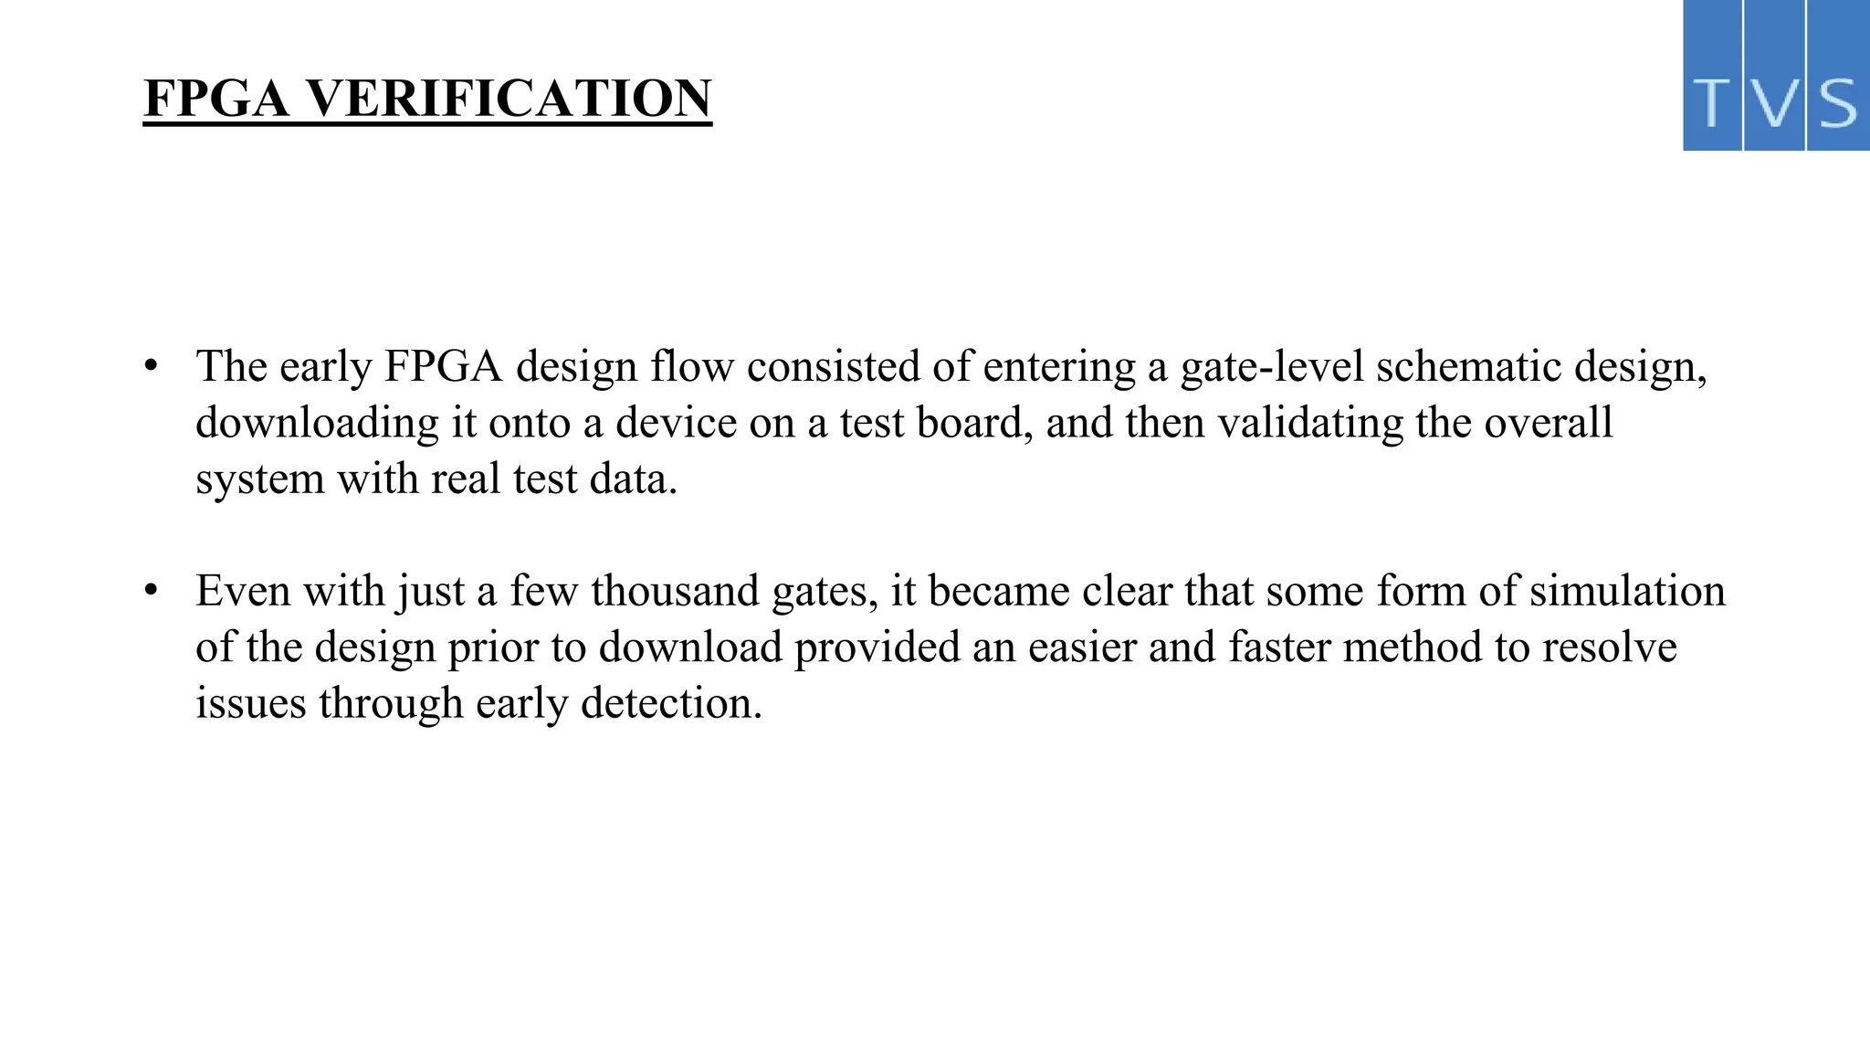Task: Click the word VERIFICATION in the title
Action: [508, 99]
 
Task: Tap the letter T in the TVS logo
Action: [1713, 103]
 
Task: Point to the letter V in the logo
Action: [1774, 103]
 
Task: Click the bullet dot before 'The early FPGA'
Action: [152, 367]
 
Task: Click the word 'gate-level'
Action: [1272, 367]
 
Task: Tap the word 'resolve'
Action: [1610, 647]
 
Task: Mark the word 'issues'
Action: [251, 703]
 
